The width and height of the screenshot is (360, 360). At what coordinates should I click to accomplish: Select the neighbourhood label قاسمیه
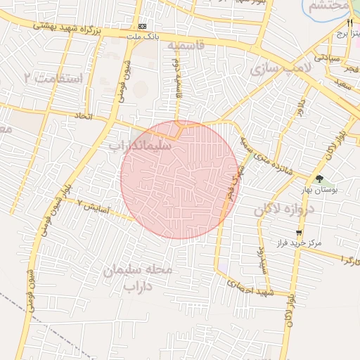coord(186,46)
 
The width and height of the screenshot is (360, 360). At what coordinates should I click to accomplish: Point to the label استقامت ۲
coord(53,77)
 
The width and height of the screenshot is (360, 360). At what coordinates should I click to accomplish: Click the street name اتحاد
coord(84,115)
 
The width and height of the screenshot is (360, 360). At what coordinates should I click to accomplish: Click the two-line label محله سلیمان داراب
coord(138,278)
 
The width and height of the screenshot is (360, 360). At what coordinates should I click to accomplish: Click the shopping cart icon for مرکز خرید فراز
coord(300,233)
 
